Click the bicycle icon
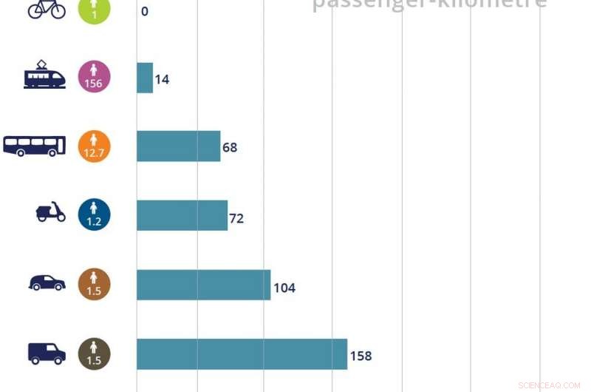tap(47, 9)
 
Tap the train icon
tap(44, 76)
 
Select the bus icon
tap(35, 146)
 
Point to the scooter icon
tap(50, 213)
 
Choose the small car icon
tap(47, 283)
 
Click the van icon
tap(47, 353)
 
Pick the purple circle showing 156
tap(94, 77)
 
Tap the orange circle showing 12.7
tap(94, 146)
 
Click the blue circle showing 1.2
tap(94, 214)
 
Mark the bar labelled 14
tap(145, 78)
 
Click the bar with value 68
tap(178, 146)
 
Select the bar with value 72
tap(182, 215)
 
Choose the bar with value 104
tap(203, 285)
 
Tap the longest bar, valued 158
tap(242, 354)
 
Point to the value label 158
tap(361, 356)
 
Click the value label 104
tap(284, 288)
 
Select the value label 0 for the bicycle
tap(145, 11)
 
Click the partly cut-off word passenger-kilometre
tap(429, 4)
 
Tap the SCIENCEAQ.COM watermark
tap(549, 385)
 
